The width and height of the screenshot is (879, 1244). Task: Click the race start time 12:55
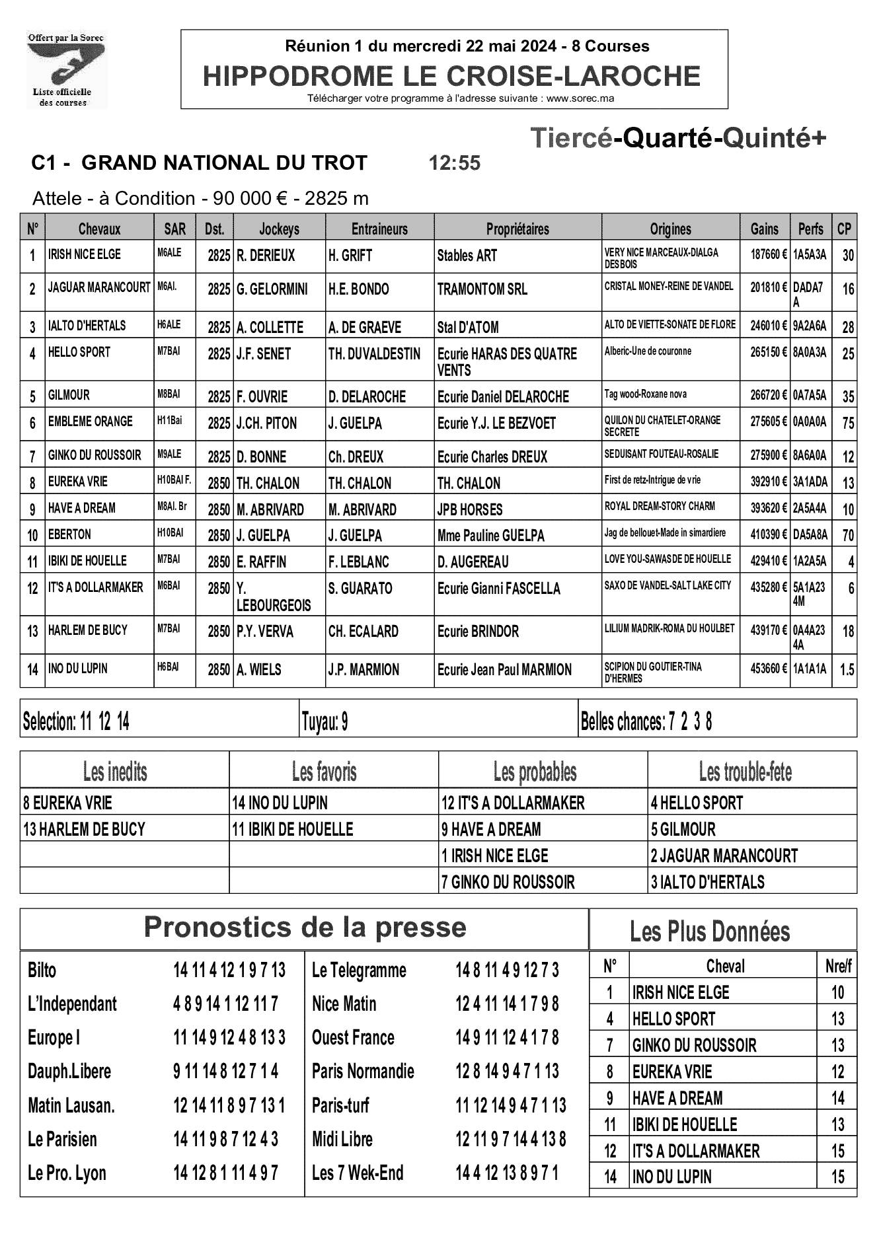click(454, 163)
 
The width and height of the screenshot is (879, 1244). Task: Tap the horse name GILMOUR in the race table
click(69, 395)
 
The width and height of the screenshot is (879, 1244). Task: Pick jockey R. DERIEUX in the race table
click(266, 256)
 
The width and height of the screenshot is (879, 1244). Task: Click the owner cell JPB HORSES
click(470, 509)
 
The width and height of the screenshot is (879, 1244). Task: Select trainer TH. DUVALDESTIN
click(374, 354)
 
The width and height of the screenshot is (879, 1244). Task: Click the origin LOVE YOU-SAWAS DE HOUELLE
click(668, 559)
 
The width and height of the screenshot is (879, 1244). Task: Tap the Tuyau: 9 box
click(325, 722)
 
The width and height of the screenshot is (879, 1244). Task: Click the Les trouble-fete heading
click(745, 771)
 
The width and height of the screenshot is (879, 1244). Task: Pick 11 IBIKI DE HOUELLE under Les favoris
click(292, 829)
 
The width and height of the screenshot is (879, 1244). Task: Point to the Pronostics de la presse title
click(305, 927)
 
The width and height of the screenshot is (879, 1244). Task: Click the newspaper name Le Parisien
click(62, 1139)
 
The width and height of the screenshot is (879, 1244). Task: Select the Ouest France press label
click(353, 1037)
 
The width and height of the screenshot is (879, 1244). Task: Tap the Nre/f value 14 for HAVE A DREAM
click(837, 1098)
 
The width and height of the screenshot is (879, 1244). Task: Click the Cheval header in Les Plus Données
click(725, 967)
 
